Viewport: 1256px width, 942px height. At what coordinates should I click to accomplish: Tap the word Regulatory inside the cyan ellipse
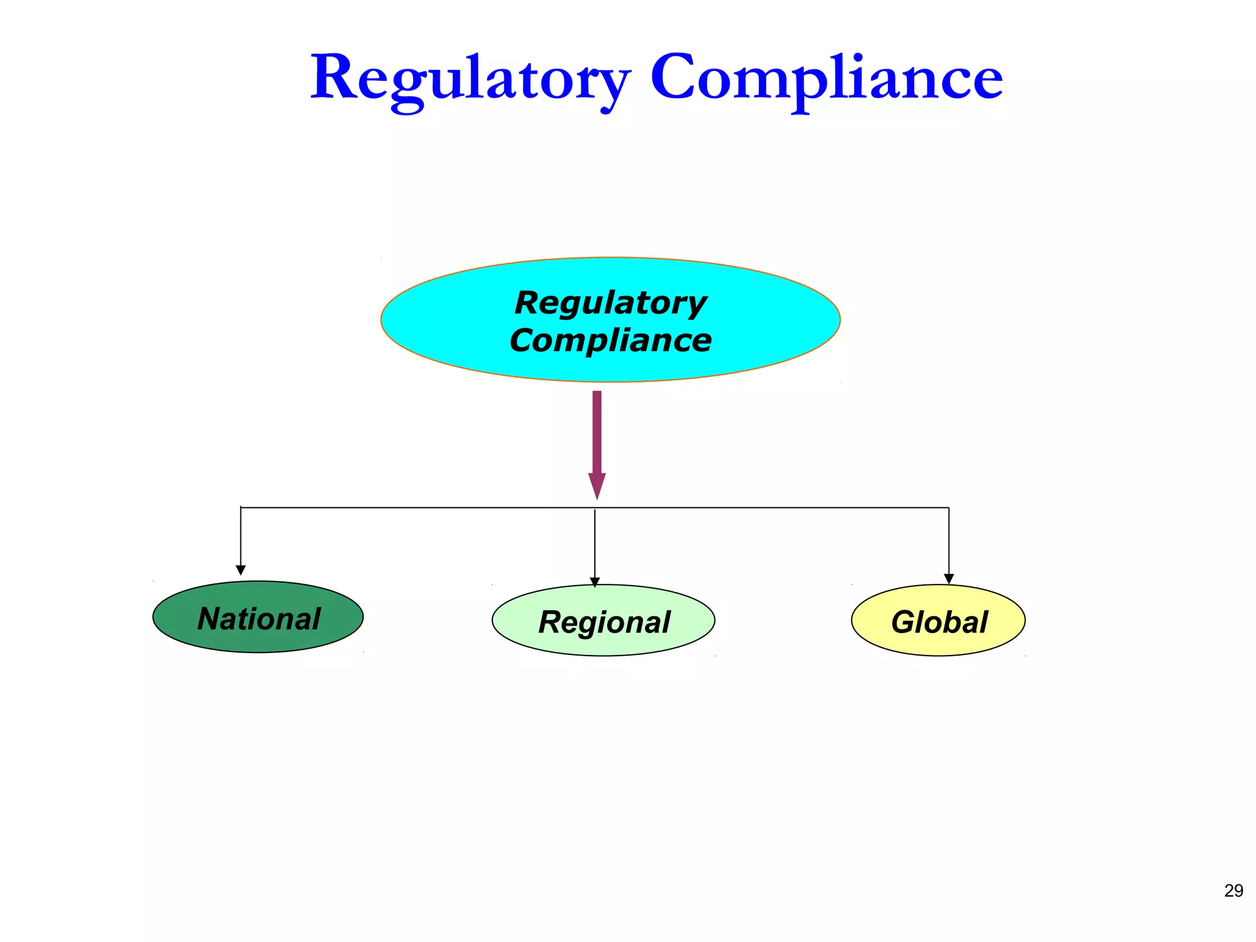611,302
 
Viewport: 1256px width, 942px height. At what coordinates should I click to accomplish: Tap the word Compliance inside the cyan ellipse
611,340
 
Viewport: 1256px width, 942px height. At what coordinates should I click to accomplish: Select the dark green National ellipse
184,632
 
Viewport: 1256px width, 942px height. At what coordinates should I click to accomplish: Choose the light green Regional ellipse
527,638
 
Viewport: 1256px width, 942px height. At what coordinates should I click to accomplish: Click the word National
259,618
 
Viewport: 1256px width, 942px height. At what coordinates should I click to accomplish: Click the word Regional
604,622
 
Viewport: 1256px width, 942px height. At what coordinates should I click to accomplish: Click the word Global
939,622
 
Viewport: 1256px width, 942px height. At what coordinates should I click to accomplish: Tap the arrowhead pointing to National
241,570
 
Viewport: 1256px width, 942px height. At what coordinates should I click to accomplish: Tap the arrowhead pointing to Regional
595,582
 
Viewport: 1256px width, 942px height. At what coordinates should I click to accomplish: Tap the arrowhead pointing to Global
949,579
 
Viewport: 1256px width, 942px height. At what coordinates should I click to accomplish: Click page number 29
1233,890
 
